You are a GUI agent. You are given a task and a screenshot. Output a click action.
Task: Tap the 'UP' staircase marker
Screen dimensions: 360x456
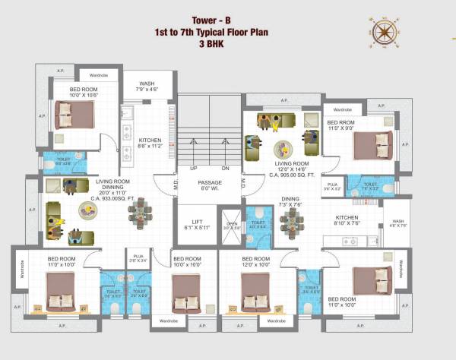194,168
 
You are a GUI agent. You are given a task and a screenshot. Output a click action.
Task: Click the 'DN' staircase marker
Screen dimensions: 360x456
225,168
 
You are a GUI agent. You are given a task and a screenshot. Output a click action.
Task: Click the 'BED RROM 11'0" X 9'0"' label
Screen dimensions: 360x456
343,126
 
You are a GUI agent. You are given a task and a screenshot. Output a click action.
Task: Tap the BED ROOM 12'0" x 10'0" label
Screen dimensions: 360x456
255,263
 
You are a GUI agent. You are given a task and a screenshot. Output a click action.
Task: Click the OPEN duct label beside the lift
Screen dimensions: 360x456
231,226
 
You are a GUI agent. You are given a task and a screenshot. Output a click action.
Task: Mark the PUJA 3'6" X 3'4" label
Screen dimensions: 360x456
138,258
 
